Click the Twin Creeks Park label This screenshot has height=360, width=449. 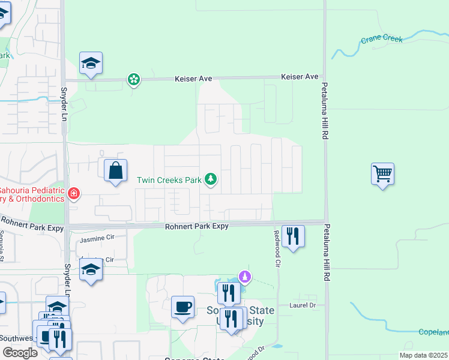coord(169,179)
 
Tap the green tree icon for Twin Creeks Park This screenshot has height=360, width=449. coord(210,179)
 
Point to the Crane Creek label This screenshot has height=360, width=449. coord(381,40)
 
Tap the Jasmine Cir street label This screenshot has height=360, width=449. coord(97,238)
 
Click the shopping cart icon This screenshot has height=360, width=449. coord(382,174)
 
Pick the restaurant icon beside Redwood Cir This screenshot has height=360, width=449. coord(293,236)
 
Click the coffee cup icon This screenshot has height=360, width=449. coord(182,307)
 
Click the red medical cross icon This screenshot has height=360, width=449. coord(73,193)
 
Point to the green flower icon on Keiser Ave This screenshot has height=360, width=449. coord(133,79)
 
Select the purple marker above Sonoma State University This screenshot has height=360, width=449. coord(244,277)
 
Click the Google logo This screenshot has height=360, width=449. coord(19,353)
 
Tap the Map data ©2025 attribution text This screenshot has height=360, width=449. coord(423,355)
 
